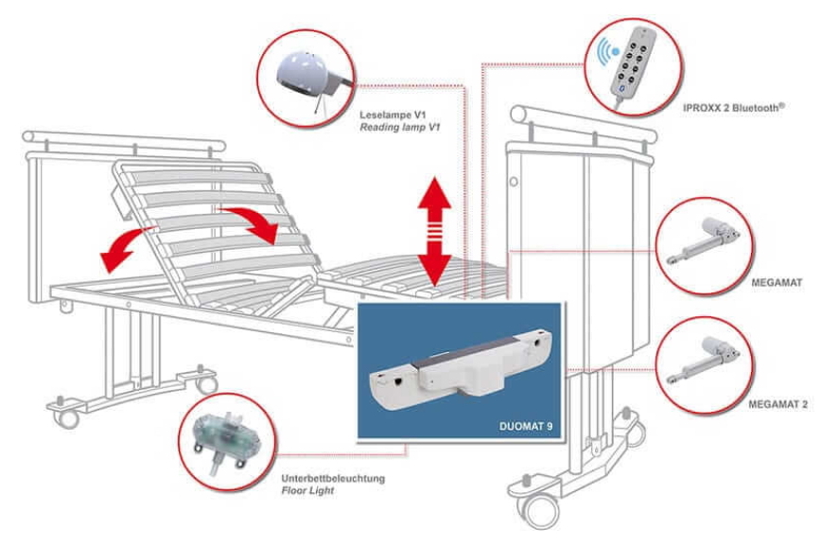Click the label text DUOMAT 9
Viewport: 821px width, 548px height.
(525, 426)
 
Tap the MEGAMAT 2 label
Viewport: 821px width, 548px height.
(777, 404)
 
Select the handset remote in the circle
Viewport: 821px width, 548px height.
(633, 63)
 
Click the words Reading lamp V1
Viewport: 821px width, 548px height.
(400, 128)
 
